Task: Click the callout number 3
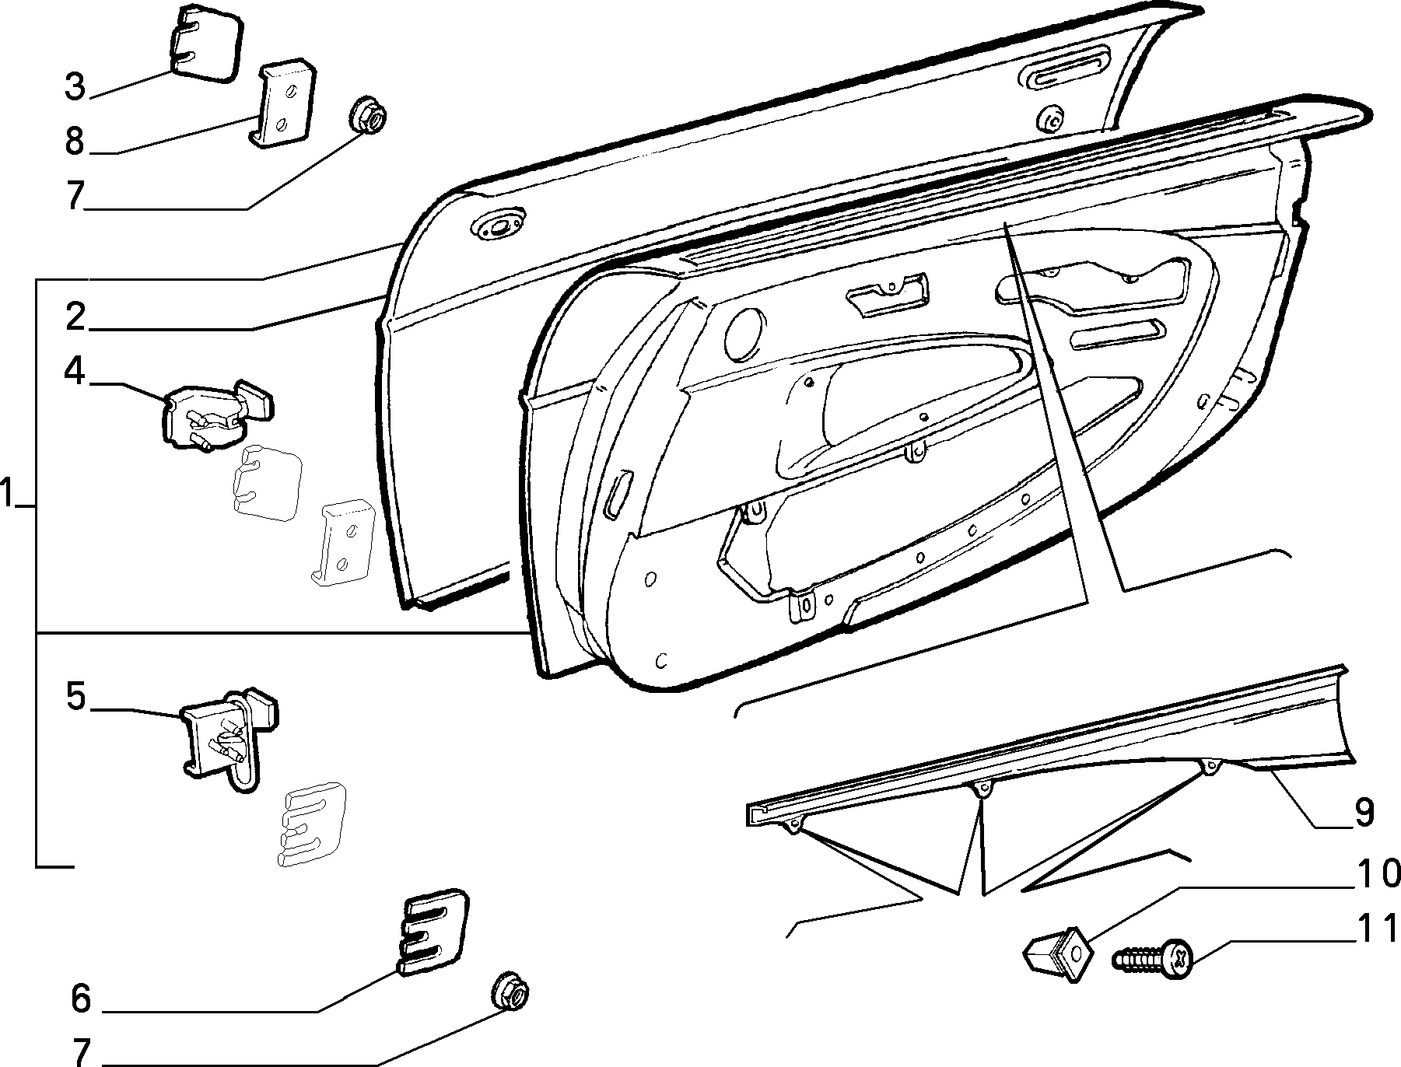coord(75,86)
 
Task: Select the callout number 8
coord(75,142)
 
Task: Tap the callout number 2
coord(75,317)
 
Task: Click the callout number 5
coord(75,697)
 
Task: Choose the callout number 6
coord(81,999)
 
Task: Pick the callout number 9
coord(1364,813)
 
